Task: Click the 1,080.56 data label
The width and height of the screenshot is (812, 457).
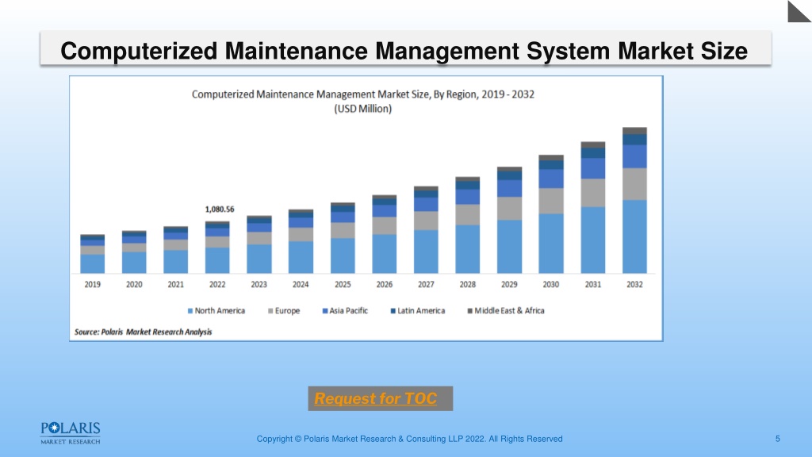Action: pyautogui.click(x=220, y=209)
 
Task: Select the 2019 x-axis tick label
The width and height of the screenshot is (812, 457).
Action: pyautogui.click(x=93, y=285)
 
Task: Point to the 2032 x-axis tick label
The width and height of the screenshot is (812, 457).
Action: pyautogui.click(x=634, y=285)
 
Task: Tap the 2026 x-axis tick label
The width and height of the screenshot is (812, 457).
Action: pyautogui.click(x=385, y=285)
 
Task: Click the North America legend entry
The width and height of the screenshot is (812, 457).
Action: pyautogui.click(x=216, y=311)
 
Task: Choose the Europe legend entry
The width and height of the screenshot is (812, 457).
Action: pyautogui.click(x=284, y=311)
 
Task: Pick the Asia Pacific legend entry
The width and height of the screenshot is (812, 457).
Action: pyautogui.click(x=345, y=311)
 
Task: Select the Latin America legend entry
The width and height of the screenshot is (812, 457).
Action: pyautogui.click(x=417, y=311)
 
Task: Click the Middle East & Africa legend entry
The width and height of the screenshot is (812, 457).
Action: pyautogui.click(x=506, y=311)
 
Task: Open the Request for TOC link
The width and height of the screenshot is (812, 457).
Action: pyautogui.click(x=375, y=398)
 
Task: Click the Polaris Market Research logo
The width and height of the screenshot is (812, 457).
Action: pyautogui.click(x=71, y=433)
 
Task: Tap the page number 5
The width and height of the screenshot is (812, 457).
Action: pyautogui.click(x=777, y=439)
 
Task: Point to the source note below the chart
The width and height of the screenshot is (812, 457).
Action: pyautogui.click(x=143, y=332)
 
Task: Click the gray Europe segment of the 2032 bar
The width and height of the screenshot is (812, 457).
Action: pyautogui.click(x=634, y=184)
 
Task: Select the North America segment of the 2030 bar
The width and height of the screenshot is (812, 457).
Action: pyautogui.click(x=551, y=244)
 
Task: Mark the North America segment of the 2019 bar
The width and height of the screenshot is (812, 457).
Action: pyautogui.click(x=92, y=263)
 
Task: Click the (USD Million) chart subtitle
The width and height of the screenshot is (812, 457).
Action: pyautogui.click(x=362, y=109)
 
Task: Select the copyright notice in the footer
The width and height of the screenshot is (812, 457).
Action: pyautogui.click(x=410, y=439)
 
